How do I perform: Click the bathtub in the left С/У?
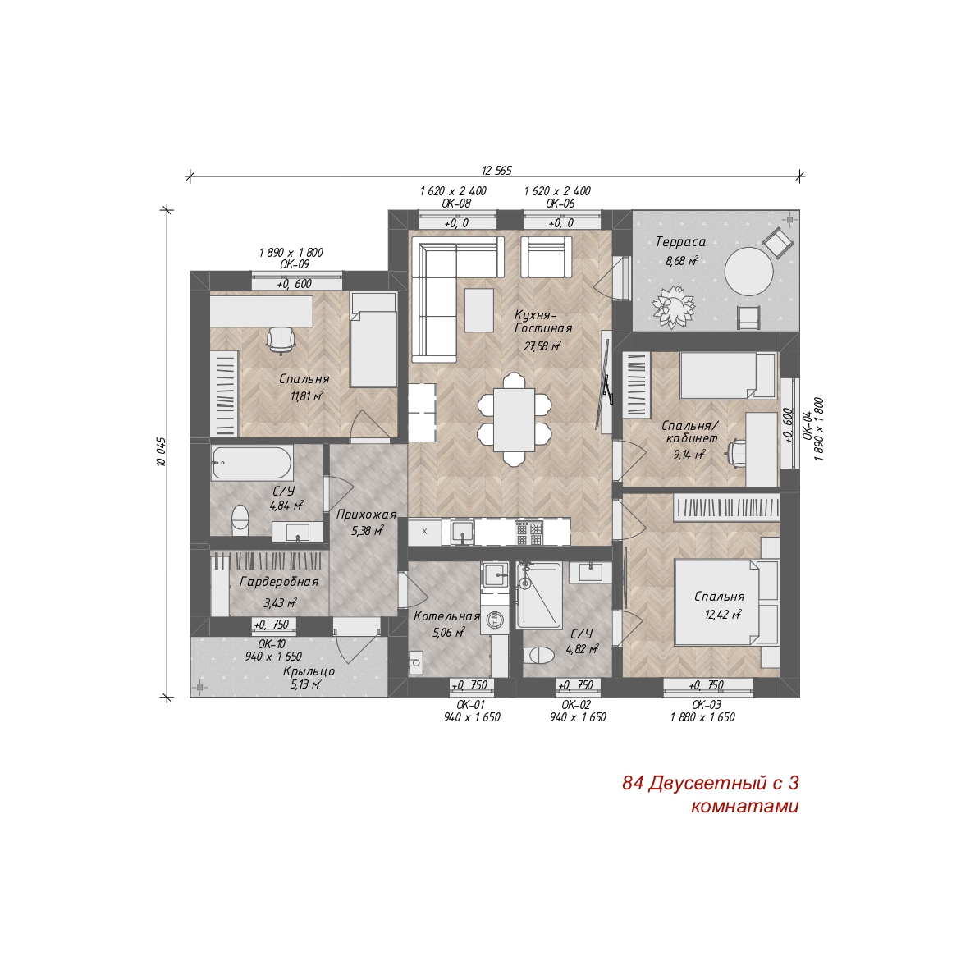[252, 463]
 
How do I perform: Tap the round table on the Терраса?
[748, 272]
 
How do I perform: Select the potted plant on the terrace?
[673, 306]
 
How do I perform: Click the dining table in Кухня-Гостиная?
[514, 419]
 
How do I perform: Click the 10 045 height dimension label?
[161, 451]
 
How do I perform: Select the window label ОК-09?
[295, 264]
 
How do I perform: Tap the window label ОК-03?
[707, 705]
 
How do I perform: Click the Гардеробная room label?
[279, 582]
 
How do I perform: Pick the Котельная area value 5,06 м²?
[449, 632]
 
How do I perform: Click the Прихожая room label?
[366, 515]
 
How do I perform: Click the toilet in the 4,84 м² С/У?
[240, 519]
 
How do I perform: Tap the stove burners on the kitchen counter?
[529, 533]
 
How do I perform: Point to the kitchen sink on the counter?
[461, 533]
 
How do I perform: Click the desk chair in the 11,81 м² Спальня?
[281, 339]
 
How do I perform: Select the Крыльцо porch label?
[309, 671]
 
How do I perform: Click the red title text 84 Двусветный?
[697, 783]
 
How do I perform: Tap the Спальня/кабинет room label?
[690, 432]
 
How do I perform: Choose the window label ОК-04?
[807, 427]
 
